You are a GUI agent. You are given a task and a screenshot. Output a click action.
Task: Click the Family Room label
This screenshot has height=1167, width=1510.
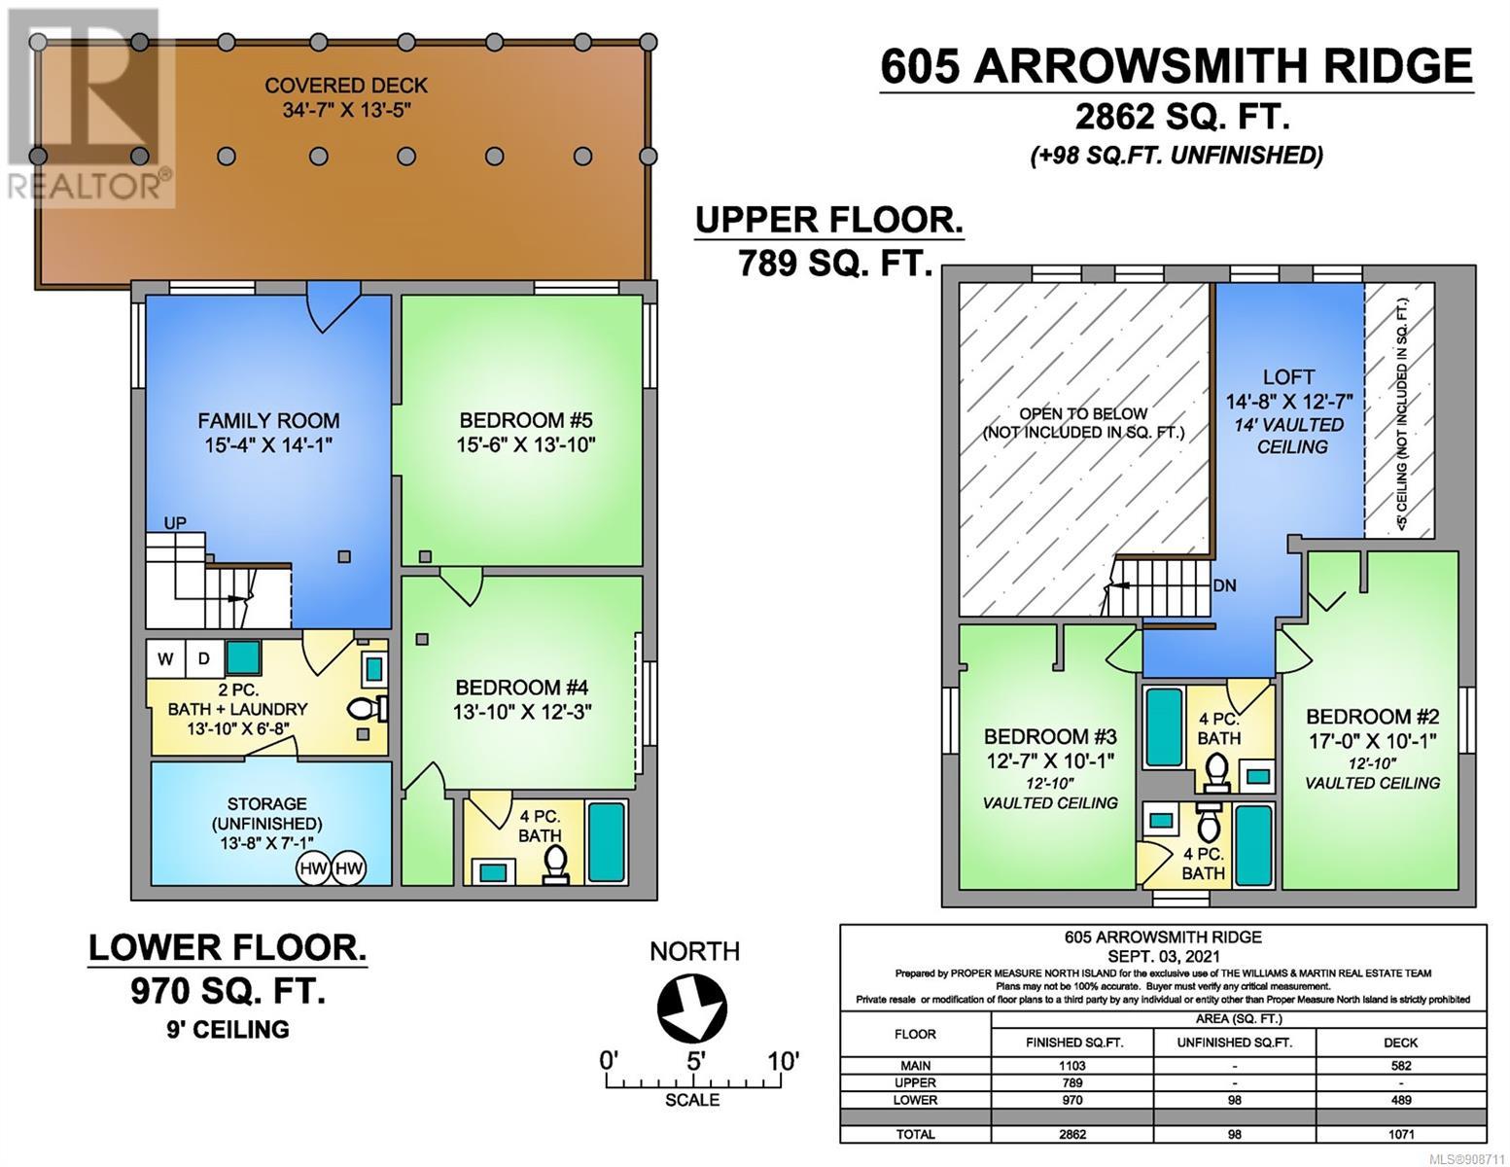[x=268, y=420]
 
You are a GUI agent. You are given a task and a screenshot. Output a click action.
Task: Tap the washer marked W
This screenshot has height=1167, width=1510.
[x=165, y=658]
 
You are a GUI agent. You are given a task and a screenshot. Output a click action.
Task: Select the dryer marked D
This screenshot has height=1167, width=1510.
[x=203, y=658]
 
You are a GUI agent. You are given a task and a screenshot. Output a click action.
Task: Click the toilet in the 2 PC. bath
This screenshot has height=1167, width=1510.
[x=367, y=709]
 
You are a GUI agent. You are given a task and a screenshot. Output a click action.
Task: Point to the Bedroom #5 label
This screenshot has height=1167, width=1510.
[x=526, y=420]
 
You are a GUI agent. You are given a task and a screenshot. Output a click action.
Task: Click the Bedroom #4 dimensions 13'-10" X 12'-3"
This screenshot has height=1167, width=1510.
[x=522, y=712]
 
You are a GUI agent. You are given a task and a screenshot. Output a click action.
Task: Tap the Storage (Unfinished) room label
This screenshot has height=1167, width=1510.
[x=266, y=813]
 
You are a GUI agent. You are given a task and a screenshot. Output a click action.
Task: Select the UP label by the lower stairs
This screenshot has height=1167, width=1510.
[x=175, y=522]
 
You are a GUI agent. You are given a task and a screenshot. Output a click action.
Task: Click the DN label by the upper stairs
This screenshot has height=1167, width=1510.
[x=1224, y=586]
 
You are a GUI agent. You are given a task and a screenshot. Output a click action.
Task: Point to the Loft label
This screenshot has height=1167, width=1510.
[x=1289, y=377]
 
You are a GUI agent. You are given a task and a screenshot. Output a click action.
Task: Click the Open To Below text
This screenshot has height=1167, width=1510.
[x=1083, y=413]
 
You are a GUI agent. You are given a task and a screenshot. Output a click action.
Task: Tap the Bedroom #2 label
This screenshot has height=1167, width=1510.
[x=1373, y=717]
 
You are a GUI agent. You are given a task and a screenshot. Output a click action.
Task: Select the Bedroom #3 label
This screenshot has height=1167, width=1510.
[x=1051, y=736]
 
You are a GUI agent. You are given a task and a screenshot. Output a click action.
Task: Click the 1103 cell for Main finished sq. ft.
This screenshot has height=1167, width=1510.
[x=1073, y=1066]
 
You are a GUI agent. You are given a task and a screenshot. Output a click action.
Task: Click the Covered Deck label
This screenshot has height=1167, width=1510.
[x=346, y=86]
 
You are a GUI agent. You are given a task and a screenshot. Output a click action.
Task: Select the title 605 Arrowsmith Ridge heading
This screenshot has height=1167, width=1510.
[x=1176, y=66]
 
